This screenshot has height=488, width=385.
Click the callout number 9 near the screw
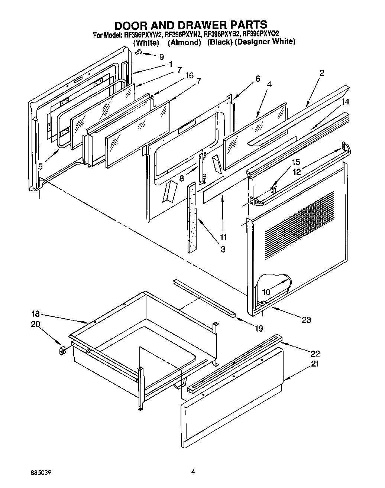[161, 57]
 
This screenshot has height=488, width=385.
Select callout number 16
[189, 75]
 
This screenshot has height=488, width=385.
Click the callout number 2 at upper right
[322, 73]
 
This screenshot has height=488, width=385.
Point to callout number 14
[345, 101]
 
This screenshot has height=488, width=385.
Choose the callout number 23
[306, 319]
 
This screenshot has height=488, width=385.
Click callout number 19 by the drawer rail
[259, 328]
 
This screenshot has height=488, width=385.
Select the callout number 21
[315, 364]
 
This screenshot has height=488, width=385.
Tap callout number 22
[315, 353]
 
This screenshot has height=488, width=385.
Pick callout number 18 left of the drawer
[35, 313]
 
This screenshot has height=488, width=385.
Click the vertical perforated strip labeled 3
[193, 217]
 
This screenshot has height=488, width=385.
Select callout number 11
[223, 237]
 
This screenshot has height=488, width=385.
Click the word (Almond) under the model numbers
[184, 43]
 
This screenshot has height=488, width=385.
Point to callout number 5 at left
[40, 167]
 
